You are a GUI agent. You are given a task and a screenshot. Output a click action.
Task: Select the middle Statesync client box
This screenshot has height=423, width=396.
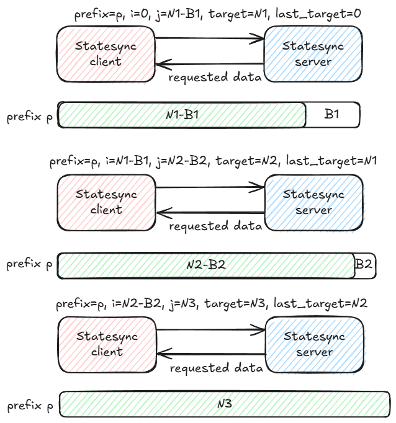pos(106,202)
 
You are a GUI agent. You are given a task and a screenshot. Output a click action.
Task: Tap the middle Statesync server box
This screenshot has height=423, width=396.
pos(313,202)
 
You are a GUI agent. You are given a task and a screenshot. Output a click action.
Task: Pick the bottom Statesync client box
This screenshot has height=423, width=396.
pos(106,344)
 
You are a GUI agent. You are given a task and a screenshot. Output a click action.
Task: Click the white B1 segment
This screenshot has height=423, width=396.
pos(333,115)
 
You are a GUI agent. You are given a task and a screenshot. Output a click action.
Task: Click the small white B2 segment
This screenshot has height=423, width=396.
pos(364,264)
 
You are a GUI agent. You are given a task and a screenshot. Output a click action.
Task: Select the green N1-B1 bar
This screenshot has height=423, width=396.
pos(182,115)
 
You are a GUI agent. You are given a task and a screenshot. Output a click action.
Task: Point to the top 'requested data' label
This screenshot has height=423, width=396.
pos(215,78)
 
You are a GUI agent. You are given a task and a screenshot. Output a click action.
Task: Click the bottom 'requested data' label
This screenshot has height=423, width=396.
pos(216,368)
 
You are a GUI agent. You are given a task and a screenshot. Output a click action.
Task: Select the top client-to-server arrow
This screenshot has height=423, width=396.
pos(210,40)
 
